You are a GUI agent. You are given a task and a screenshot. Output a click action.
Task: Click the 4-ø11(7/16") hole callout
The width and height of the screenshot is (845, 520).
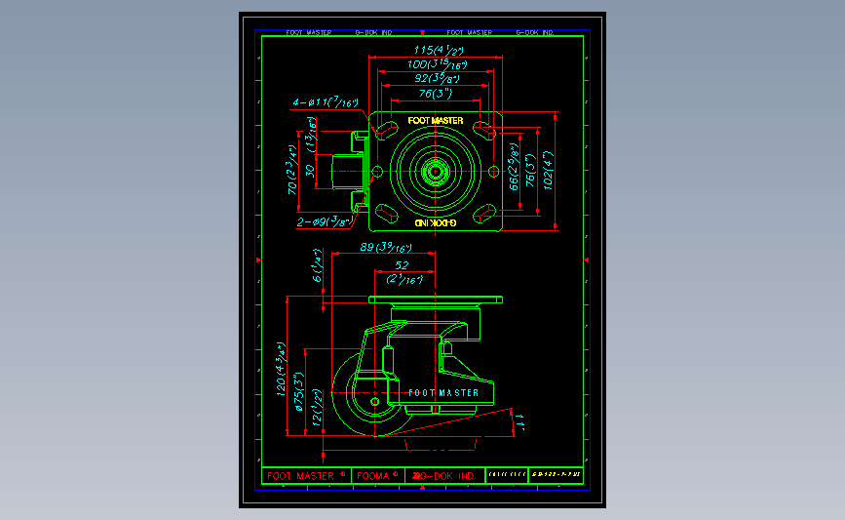pyautogui.click(x=326, y=101)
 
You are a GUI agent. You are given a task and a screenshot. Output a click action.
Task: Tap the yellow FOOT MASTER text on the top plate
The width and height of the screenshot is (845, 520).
pyautogui.click(x=435, y=121)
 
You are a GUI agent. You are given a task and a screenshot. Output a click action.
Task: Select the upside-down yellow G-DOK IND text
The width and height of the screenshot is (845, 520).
pyautogui.click(x=435, y=223)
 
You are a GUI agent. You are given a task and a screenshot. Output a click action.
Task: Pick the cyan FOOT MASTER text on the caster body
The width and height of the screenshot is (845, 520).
pyautogui.click(x=442, y=392)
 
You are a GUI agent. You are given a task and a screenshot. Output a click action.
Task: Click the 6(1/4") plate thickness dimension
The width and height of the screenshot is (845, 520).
pyautogui.click(x=316, y=269)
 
